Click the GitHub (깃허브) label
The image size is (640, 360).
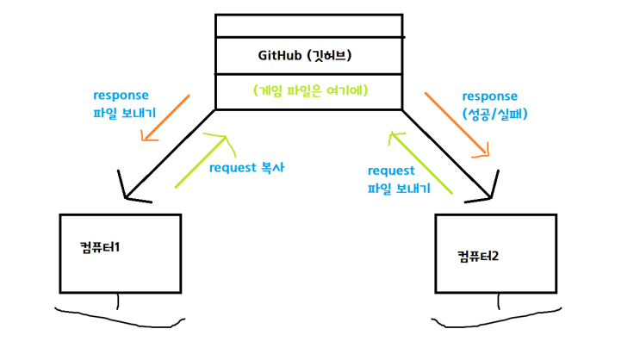click(x=306, y=56)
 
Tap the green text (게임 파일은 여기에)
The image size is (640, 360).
click(x=308, y=90)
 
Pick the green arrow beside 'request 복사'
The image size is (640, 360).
click(x=202, y=160)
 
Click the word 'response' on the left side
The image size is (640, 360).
click(x=121, y=95)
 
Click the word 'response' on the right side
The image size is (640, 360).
click(x=490, y=96)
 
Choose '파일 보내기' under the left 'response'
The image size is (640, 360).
click(x=121, y=112)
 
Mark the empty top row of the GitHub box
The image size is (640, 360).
click(x=308, y=26)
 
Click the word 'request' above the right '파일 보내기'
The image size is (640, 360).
click(x=391, y=171)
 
